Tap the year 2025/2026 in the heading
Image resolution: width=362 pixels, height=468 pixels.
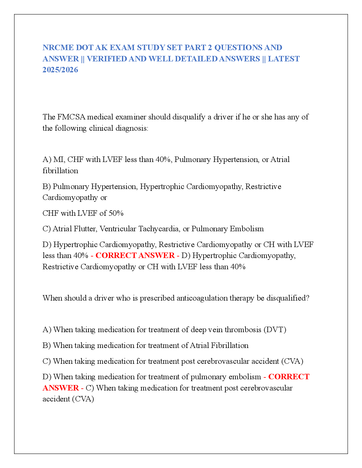(x=60, y=70)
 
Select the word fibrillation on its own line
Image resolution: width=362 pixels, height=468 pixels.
(x=60, y=171)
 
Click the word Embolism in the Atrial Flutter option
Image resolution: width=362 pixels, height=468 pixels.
(x=247, y=229)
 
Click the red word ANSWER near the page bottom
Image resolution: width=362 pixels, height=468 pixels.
(x=61, y=388)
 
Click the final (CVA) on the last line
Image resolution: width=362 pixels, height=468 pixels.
(x=83, y=399)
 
